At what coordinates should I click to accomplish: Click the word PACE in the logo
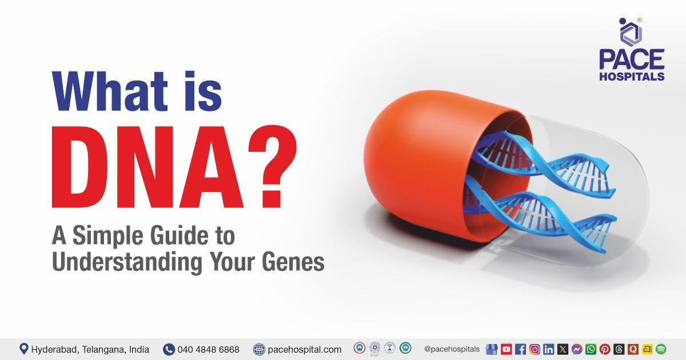632,59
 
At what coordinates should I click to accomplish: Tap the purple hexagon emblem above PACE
631,33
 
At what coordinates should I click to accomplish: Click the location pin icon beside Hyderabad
24,349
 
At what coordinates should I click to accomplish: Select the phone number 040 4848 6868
208,349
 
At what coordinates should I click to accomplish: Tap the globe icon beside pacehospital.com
259,349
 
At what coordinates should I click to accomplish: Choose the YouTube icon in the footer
506,349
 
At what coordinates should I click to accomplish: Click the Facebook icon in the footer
521,349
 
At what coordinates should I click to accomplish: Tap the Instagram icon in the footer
535,349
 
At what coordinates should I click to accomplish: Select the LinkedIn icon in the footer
549,349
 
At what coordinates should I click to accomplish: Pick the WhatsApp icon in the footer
591,349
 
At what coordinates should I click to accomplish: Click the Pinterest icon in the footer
605,349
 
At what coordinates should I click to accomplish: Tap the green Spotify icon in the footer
661,349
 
